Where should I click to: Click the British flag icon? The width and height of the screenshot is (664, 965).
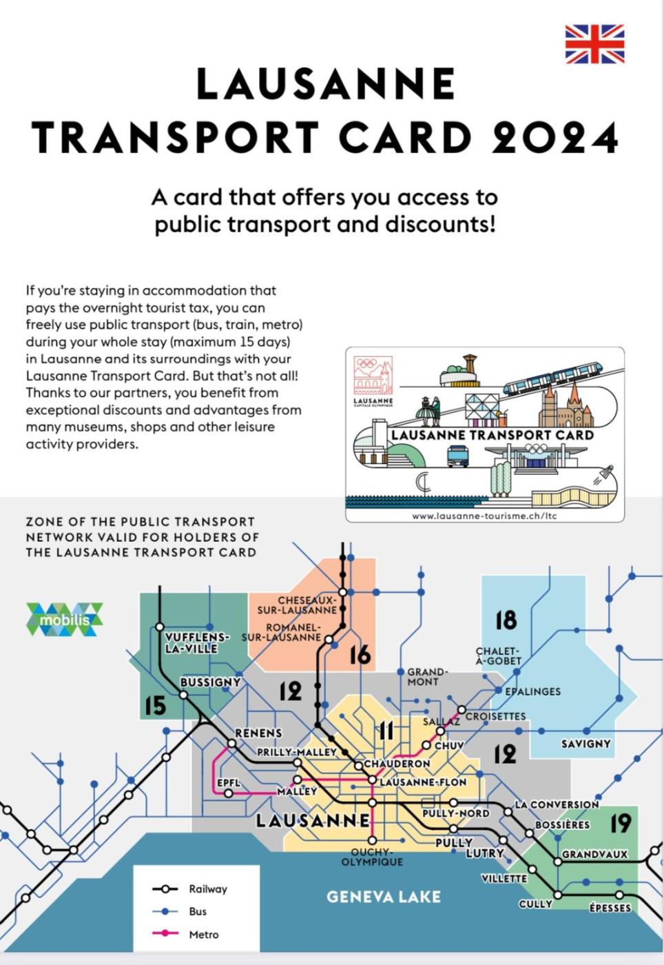[594, 44]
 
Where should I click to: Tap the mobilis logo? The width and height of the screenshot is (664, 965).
[65, 619]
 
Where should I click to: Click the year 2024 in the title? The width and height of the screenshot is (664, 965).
[554, 136]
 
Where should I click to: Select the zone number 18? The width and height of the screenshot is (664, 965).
[506, 620]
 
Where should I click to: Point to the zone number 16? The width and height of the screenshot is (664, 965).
[360, 655]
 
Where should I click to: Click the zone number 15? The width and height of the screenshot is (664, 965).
[155, 705]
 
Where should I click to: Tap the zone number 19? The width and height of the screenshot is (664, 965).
[621, 823]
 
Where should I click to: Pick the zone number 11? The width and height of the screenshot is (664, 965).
[386, 731]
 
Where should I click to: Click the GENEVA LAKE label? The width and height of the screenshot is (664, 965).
[383, 897]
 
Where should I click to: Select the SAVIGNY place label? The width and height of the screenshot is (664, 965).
[585, 744]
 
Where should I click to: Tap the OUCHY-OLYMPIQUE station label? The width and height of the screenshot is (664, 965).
[372, 857]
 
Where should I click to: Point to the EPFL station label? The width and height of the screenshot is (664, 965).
[228, 783]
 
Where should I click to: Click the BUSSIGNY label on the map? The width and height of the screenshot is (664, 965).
[210, 682]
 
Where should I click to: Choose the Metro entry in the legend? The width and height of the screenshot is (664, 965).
[203, 935]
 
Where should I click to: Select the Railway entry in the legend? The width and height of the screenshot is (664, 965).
[207, 889]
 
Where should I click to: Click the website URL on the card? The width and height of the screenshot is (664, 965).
[484, 515]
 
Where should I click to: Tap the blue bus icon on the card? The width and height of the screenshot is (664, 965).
[458, 456]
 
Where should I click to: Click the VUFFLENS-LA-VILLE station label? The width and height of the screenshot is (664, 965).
[196, 642]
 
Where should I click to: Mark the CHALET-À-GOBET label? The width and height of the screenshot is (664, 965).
[498, 656]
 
